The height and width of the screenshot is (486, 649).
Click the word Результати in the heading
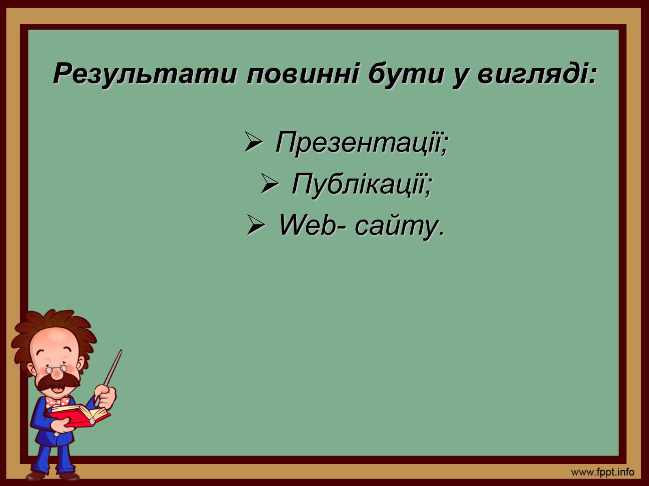[x=145, y=74]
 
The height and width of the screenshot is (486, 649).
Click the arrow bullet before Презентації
[x=254, y=142]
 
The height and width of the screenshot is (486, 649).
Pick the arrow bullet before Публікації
[x=270, y=183]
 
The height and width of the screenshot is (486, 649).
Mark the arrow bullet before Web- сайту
[x=256, y=225]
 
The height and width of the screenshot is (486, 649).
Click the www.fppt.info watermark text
[x=603, y=473]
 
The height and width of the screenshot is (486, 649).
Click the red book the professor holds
[x=80, y=415]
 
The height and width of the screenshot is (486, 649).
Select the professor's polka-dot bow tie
[x=57, y=402]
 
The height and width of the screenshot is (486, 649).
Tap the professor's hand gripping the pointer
[x=106, y=396]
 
